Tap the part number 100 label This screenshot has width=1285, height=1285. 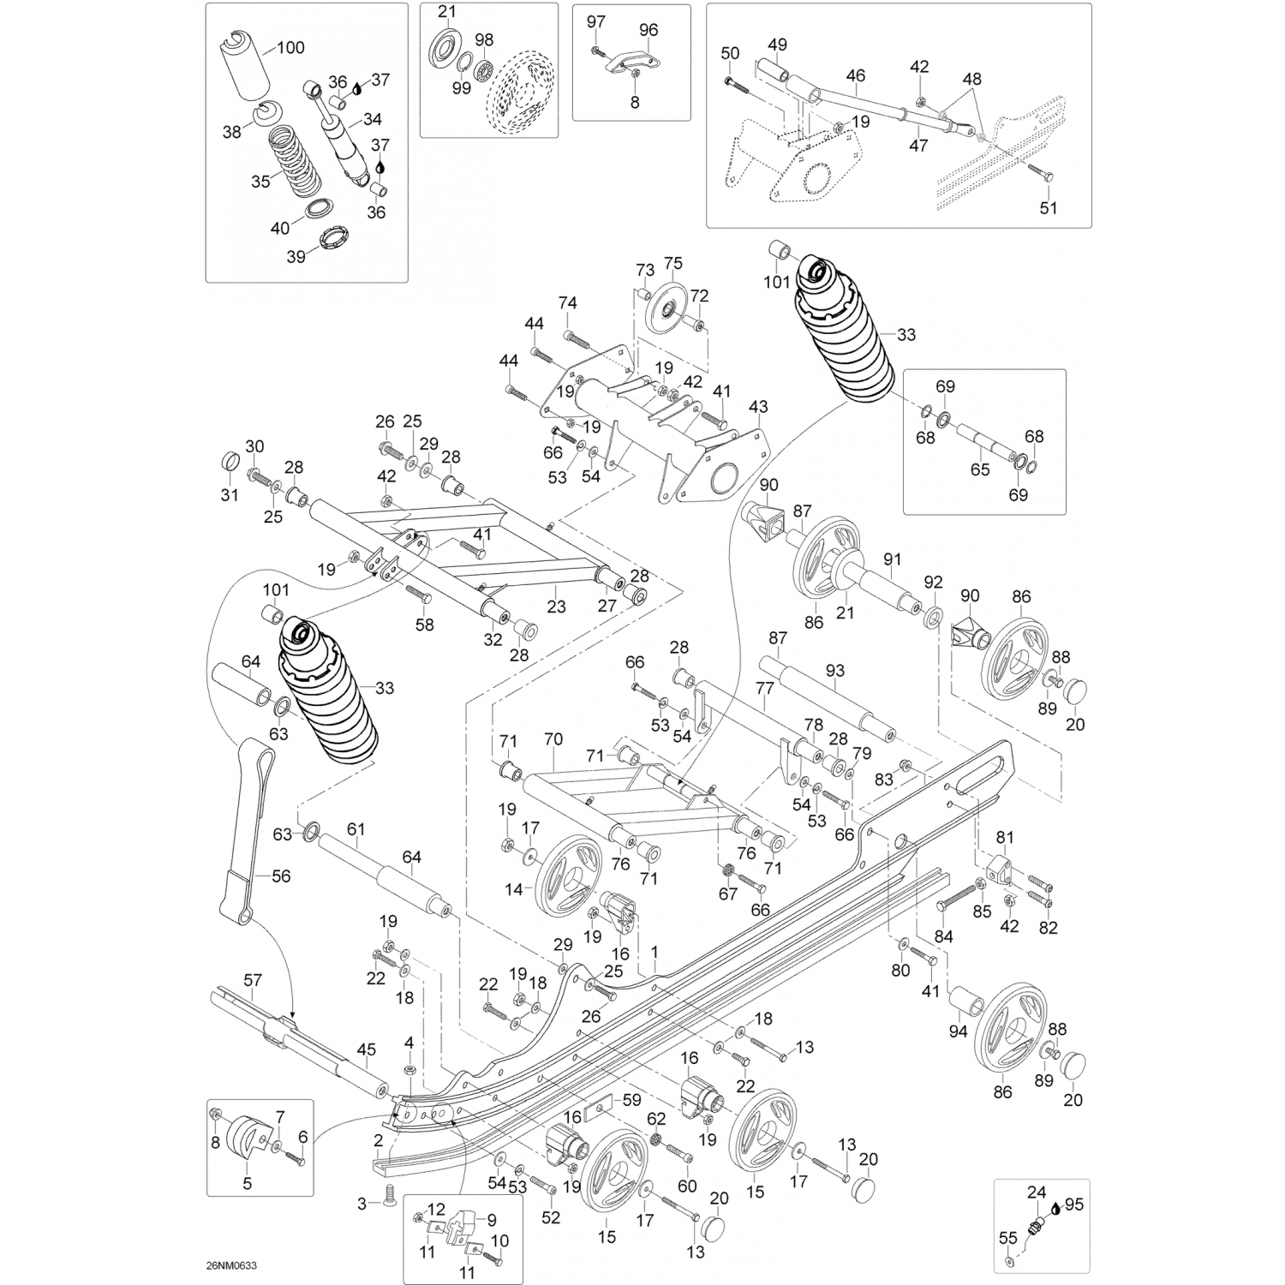(x=290, y=48)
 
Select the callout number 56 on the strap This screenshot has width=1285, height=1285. (x=281, y=876)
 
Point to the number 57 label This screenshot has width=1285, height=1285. (x=253, y=981)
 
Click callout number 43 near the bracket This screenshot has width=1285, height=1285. (x=758, y=406)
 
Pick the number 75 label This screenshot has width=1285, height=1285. (x=673, y=263)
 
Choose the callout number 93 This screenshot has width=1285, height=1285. (x=834, y=671)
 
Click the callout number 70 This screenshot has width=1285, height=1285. (x=553, y=739)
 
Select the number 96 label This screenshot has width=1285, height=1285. (x=648, y=30)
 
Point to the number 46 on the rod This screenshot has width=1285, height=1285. (x=855, y=76)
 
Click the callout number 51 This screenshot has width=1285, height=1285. (x=1049, y=207)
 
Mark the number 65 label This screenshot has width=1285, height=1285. (x=980, y=469)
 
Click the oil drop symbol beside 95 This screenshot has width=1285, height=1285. (x=1055, y=1205)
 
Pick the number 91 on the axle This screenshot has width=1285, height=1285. (x=893, y=559)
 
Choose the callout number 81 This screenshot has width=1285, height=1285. (x=1004, y=837)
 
